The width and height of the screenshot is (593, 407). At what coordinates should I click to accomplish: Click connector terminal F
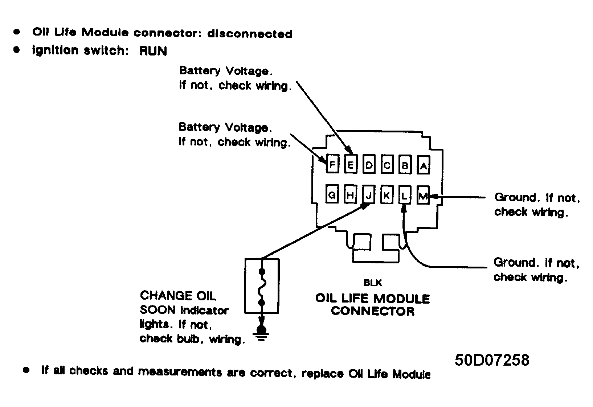(332, 164)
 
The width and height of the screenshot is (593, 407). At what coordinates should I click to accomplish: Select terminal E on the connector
(351, 164)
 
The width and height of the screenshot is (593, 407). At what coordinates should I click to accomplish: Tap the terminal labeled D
(369, 164)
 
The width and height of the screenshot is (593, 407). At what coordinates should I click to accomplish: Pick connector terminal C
(387, 164)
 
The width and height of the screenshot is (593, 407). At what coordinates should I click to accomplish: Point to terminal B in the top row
(405, 164)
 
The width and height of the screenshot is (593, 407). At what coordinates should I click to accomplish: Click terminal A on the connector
(423, 165)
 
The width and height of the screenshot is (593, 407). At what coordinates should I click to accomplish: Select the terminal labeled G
(332, 194)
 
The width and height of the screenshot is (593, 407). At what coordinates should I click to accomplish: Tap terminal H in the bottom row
(350, 194)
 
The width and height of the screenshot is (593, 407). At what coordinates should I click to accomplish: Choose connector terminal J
(368, 194)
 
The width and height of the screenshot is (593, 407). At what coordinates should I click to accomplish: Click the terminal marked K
(387, 194)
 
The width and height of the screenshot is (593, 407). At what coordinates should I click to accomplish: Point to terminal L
(405, 195)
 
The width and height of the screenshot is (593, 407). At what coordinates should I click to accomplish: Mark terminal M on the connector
(423, 195)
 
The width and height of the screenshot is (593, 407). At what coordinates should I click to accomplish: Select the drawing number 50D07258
(492, 360)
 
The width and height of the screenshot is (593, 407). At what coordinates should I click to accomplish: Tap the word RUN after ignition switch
(153, 50)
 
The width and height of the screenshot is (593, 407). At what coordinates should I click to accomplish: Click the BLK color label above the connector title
(373, 283)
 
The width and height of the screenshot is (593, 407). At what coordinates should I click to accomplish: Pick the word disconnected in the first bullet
(250, 34)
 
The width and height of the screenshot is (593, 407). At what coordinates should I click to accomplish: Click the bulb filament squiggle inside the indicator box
(262, 287)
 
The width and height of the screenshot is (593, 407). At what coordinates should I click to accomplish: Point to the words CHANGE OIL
(178, 296)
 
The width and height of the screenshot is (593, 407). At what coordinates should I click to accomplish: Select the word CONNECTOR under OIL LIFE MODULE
(372, 311)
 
